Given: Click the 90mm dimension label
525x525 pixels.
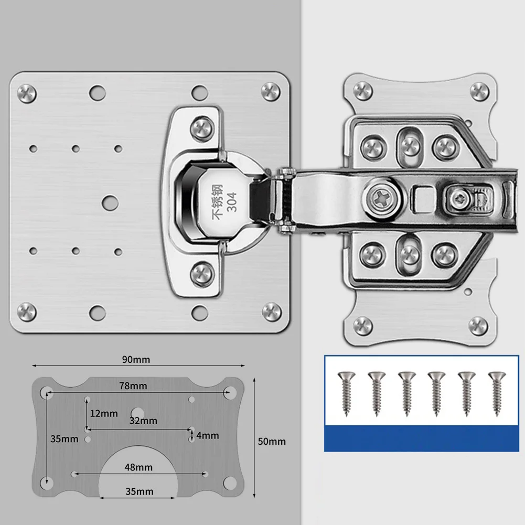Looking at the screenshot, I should coord(136,360).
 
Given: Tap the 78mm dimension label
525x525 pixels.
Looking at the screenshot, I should coord(132,386).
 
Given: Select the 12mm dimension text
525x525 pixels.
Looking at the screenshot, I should coord(104,413).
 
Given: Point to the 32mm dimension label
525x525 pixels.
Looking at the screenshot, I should coord(143,421).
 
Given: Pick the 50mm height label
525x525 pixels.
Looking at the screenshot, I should coord(272,442).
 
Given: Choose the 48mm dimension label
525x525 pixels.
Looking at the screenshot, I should coord(139,467).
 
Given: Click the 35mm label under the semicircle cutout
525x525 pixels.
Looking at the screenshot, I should coord(139,491).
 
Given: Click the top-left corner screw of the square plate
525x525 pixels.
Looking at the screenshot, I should coord(26,93).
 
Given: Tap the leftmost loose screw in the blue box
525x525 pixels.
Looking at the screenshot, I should coord(347,393).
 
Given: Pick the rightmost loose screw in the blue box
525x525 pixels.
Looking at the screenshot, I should coord(496,393).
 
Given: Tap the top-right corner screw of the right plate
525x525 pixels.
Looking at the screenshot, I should coord(479,91).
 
